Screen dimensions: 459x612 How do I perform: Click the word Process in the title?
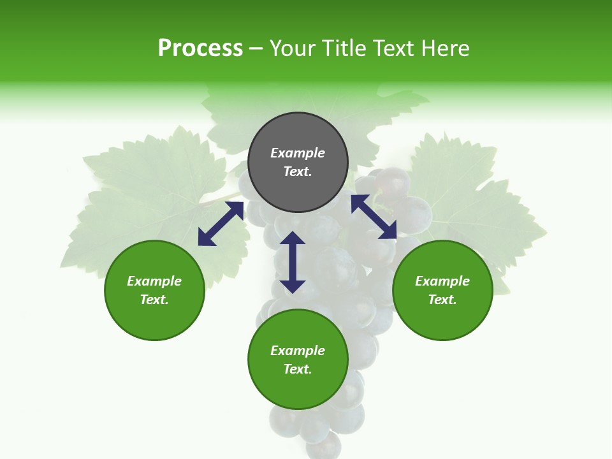(x=200, y=48)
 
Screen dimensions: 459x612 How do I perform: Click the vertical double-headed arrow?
(x=293, y=262)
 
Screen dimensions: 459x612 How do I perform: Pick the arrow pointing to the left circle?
(x=221, y=224)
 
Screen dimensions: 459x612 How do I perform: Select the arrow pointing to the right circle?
(x=374, y=217)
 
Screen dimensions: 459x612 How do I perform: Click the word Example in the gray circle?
(x=298, y=153)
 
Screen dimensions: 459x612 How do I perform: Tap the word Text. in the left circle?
(x=154, y=300)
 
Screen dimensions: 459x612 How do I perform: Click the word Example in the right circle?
(x=442, y=281)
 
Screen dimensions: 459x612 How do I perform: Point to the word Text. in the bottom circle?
(x=298, y=369)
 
